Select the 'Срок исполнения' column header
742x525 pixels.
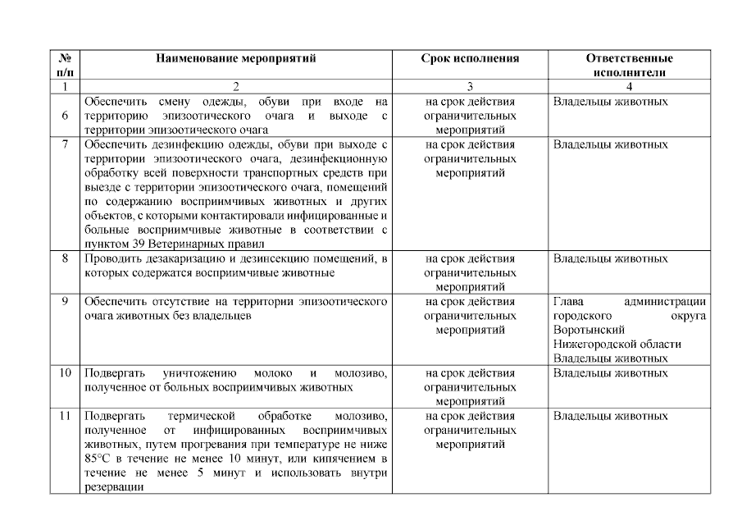[x=470, y=59]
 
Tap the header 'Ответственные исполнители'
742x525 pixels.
[x=629, y=66]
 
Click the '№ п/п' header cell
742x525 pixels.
[x=65, y=66]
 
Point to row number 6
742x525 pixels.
[x=65, y=116]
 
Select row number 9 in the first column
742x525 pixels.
[x=65, y=301]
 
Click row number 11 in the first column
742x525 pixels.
[x=65, y=416]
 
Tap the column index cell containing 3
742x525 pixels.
[x=470, y=86]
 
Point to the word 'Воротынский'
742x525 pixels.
[x=586, y=330]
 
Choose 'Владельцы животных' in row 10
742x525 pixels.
[x=610, y=373]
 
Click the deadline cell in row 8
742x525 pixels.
[x=470, y=272]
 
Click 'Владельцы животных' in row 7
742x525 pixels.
[x=610, y=144]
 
